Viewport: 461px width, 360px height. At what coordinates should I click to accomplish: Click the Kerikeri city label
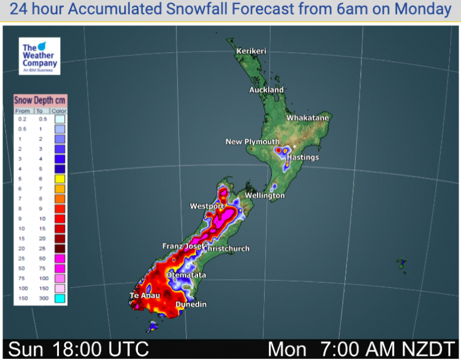(x=251, y=51)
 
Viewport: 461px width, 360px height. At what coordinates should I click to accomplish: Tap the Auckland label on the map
(x=267, y=90)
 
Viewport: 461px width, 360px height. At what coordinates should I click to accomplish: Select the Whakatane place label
(x=307, y=118)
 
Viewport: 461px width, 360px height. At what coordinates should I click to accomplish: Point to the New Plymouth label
(x=252, y=142)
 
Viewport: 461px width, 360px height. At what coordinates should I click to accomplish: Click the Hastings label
(x=303, y=157)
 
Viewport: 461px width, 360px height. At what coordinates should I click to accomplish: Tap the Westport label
(x=206, y=206)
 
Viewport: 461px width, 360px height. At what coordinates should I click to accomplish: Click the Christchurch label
(x=226, y=248)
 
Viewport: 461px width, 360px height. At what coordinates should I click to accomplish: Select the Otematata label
(x=186, y=275)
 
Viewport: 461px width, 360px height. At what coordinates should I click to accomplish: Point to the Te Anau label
(x=144, y=296)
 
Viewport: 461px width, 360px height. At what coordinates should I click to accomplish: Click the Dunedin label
(x=191, y=305)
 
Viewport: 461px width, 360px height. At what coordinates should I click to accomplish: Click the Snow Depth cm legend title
(x=40, y=100)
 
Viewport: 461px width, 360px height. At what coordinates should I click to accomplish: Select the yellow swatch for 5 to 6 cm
(x=59, y=179)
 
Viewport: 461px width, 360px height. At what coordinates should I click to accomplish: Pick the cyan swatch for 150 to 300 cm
(x=59, y=298)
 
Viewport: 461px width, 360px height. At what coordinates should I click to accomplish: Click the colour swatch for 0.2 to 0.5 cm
(x=59, y=119)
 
